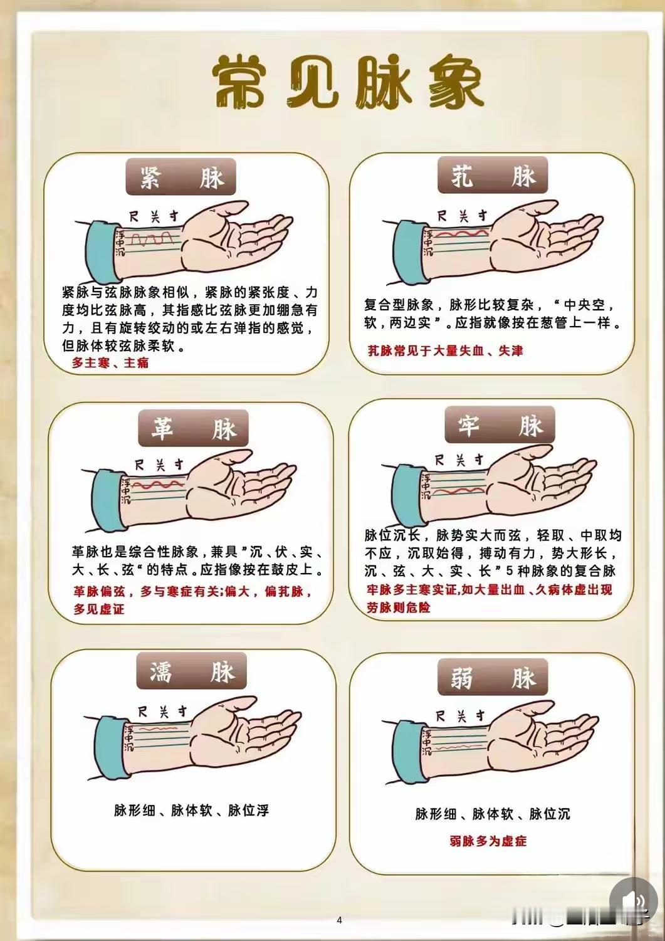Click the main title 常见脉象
click(x=348, y=81)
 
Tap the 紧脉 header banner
click(x=181, y=177)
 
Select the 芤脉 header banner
click(x=493, y=175)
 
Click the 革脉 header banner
click(x=193, y=428)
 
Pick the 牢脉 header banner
click(x=500, y=424)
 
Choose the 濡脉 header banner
click(x=192, y=670)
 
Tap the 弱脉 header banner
click(x=493, y=677)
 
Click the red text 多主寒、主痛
click(x=110, y=362)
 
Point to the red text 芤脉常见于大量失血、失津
click(x=446, y=350)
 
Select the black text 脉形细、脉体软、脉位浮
click(x=192, y=810)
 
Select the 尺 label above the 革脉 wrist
click(x=140, y=465)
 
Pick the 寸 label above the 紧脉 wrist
click(x=173, y=216)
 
